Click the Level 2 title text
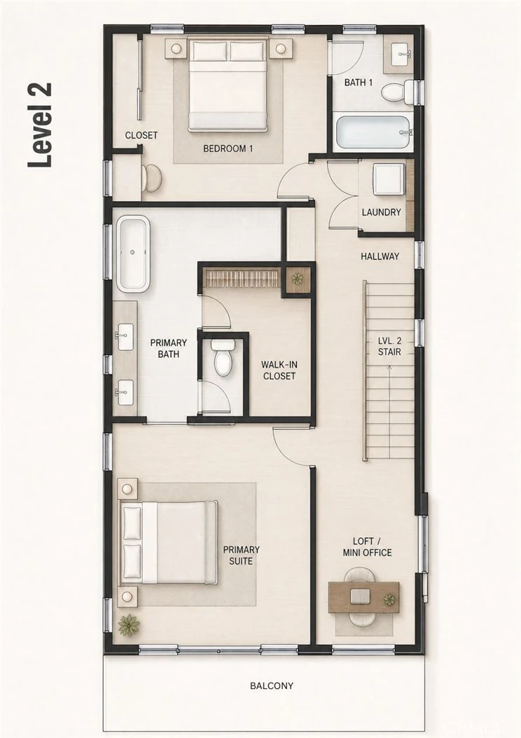(39, 125)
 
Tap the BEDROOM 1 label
(228, 148)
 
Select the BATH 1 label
(358, 83)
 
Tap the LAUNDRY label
(381, 212)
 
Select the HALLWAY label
(380, 256)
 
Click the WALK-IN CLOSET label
(279, 370)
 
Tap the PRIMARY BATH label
(169, 348)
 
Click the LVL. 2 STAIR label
(389, 347)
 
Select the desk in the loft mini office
(364, 597)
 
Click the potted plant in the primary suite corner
(128, 625)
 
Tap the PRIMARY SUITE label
(241, 555)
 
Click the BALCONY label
(272, 685)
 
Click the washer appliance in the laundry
(388, 179)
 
